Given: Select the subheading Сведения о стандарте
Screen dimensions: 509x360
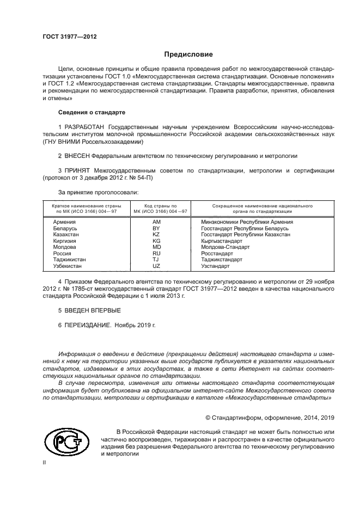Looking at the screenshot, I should [x=91, y=112].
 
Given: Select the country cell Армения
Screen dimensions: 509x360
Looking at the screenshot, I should [x=64, y=222].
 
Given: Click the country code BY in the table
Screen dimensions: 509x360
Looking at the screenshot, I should [x=156, y=228].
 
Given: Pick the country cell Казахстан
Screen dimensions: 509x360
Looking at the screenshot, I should [x=66, y=234].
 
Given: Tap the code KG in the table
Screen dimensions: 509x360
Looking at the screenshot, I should [x=156, y=241].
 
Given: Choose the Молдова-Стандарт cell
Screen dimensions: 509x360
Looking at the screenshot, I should [x=225, y=247].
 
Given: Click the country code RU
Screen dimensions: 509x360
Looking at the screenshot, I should [x=156, y=253].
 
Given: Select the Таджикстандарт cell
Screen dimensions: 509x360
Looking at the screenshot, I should [x=222, y=260].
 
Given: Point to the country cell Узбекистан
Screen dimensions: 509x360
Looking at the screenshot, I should [x=68, y=266].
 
